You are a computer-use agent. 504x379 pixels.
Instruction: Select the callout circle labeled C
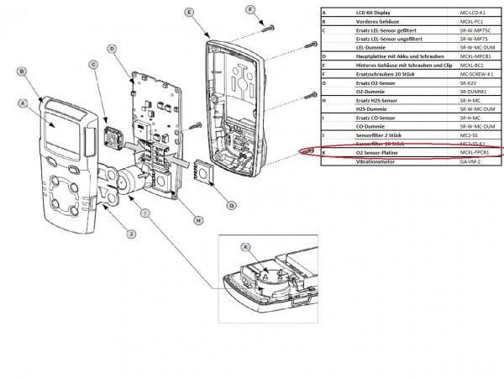(x=93, y=65)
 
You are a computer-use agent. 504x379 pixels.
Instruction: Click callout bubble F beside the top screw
(x=249, y=10)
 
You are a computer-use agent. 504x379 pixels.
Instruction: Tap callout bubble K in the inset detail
(x=245, y=248)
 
